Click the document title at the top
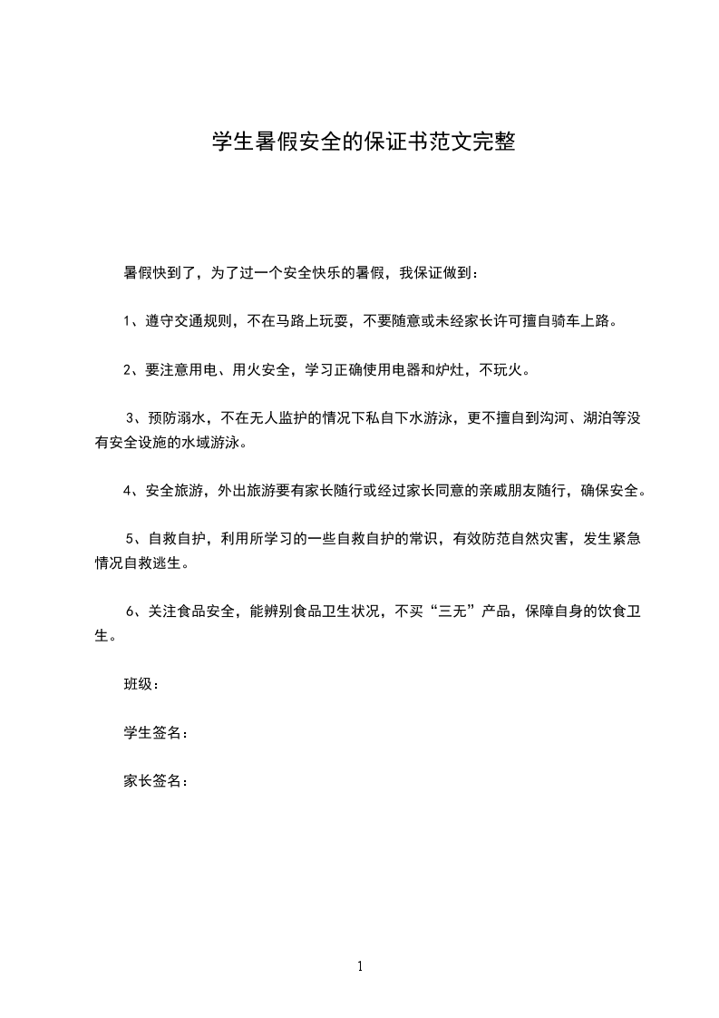click(364, 142)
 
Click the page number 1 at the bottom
click(360, 966)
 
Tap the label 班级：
click(141, 684)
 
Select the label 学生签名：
click(156, 733)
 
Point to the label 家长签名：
click(156, 781)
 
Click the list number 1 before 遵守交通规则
click(128, 321)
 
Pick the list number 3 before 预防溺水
click(131, 418)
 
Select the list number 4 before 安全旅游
click(128, 492)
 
